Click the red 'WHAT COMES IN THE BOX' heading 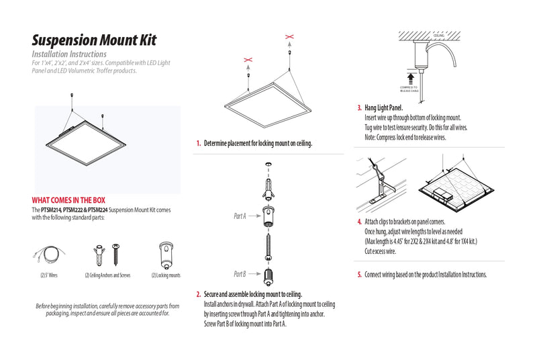coord(68,199)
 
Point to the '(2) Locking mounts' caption coord(165,275)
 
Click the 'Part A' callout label coord(240,216)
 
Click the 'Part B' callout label coord(240,274)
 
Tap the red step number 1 coord(199,143)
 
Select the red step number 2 coord(199,294)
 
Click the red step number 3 coord(360,107)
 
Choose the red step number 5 coord(360,274)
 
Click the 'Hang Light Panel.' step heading coord(384,107)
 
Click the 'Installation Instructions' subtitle coord(69,54)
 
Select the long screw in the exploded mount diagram coord(269,241)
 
